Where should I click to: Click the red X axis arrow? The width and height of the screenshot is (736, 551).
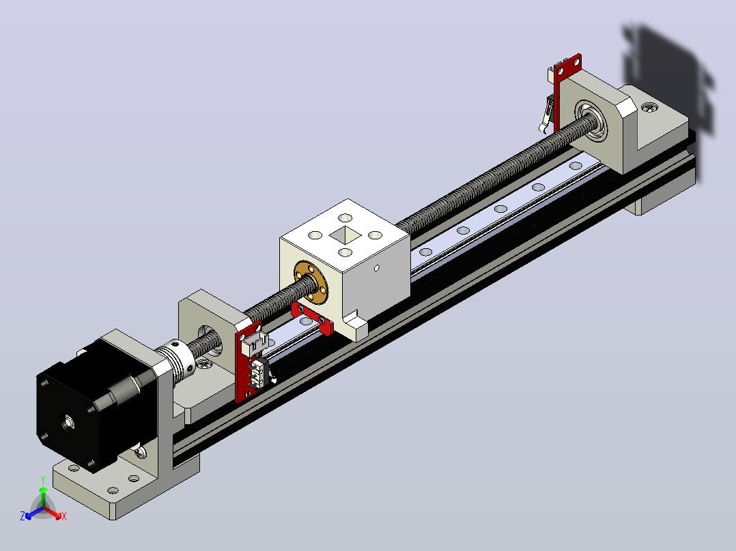tap(53, 513)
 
